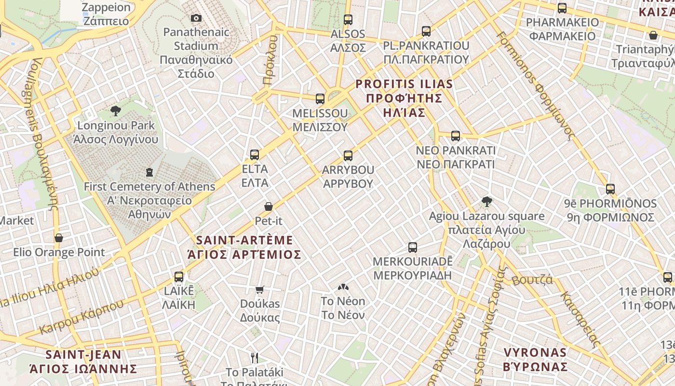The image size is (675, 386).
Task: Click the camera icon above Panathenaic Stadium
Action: [196, 18]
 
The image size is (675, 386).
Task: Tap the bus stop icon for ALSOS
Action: [348, 20]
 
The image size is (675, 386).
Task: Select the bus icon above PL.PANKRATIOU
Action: [426, 31]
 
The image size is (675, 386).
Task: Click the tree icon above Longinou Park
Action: [115, 111]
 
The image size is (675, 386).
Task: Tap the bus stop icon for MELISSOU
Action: [320, 99]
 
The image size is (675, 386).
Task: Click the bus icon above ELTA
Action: [255, 155]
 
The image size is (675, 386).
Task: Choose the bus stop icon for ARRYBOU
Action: [348, 156]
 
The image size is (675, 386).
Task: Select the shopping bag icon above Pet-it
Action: [269, 207]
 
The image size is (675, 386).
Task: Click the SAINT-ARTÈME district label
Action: [244, 247]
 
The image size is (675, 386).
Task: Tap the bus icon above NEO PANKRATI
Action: [455, 136]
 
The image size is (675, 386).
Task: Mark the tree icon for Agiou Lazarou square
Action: [486, 202]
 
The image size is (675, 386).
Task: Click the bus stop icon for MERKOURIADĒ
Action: [412, 248]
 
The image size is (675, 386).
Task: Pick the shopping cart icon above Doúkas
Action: [260, 289]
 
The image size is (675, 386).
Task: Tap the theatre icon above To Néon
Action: [343, 288]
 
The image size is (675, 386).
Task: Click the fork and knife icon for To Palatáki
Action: [255, 358]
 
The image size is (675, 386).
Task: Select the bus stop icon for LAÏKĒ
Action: [179, 277]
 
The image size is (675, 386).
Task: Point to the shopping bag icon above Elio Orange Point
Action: [59, 238]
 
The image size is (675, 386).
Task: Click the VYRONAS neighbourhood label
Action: [535, 359]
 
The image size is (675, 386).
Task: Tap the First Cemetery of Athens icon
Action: [149, 172]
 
